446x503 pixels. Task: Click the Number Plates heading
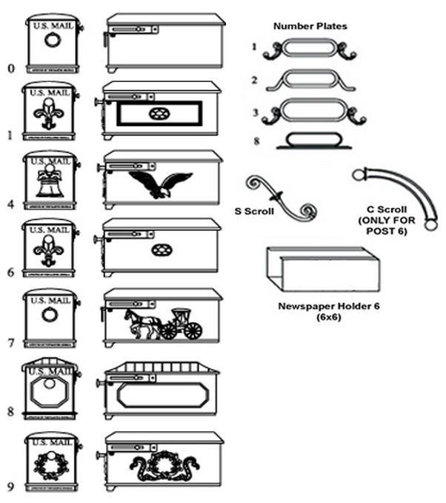click(x=310, y=27)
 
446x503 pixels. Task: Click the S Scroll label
click(x=254, y=211)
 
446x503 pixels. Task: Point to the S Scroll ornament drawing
click(x=283, y=197)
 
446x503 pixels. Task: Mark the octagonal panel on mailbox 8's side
click(x=163, y=393)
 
